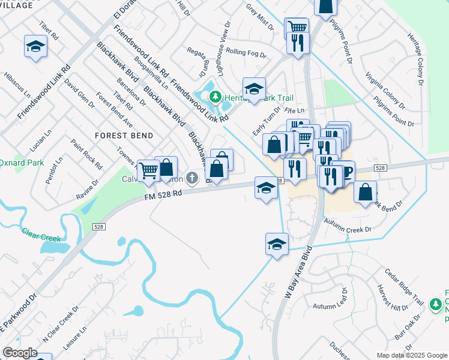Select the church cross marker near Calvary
pos(191,178)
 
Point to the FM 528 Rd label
pos(163,196)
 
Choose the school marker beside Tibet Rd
pos(35,46)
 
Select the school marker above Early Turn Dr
pos(254,89)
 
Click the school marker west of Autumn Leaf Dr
pos(276,244)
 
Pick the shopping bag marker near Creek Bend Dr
pos(365,193)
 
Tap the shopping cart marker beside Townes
pos(148,170)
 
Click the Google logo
pos(20,353)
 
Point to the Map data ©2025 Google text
pos(411,355)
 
